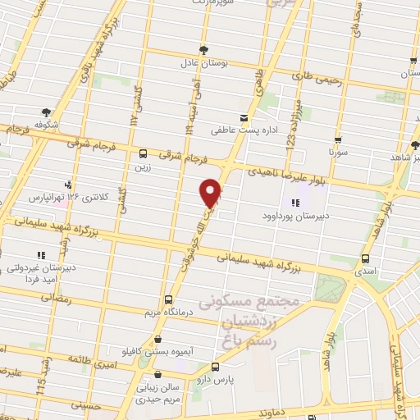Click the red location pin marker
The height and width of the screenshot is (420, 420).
click(x=211, y=193)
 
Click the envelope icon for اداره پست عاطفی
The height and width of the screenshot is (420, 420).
click(x=243, y=118)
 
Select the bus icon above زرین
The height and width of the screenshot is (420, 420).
click(x=144, y=153)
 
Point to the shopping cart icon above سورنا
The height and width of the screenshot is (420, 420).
click(x=338, y=140)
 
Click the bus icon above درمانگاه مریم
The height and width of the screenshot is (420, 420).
click(x=168, y=299)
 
